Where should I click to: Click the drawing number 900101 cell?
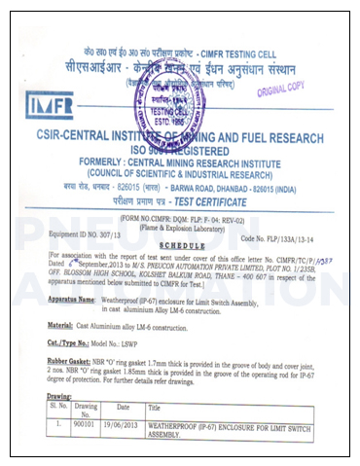(x=85, y=398)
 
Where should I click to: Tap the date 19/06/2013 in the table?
(x=123, y=398)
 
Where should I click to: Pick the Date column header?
(x=123, y=380)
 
